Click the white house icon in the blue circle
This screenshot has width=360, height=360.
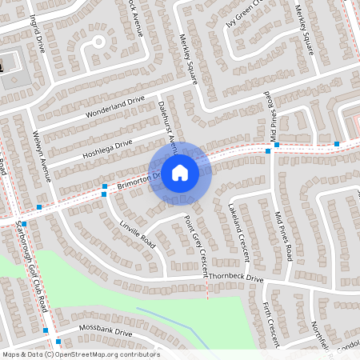180,172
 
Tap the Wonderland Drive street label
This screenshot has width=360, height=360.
115,106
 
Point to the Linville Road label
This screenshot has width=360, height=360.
136,230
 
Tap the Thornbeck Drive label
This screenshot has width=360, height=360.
238,278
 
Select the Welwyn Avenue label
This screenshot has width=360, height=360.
41,155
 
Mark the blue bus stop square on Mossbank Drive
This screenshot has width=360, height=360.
46,330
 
